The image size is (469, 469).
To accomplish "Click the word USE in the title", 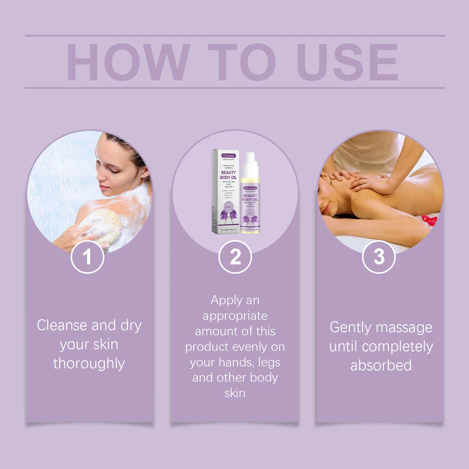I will [347, 62].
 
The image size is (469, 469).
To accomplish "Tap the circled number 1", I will [87, 257].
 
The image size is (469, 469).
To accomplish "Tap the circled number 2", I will [235, 257].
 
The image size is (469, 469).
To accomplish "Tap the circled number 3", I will [379, 257].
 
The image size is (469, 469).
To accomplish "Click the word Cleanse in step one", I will [62, 325].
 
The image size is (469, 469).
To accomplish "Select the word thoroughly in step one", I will [89, 363].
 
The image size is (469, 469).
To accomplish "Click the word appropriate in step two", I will [235, 316].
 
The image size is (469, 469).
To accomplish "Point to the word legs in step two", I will [269, 363].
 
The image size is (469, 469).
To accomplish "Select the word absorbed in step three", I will [381, 365].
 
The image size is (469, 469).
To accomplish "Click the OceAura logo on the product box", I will [228, 156].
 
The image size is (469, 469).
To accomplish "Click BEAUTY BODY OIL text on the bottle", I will [250, 198].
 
